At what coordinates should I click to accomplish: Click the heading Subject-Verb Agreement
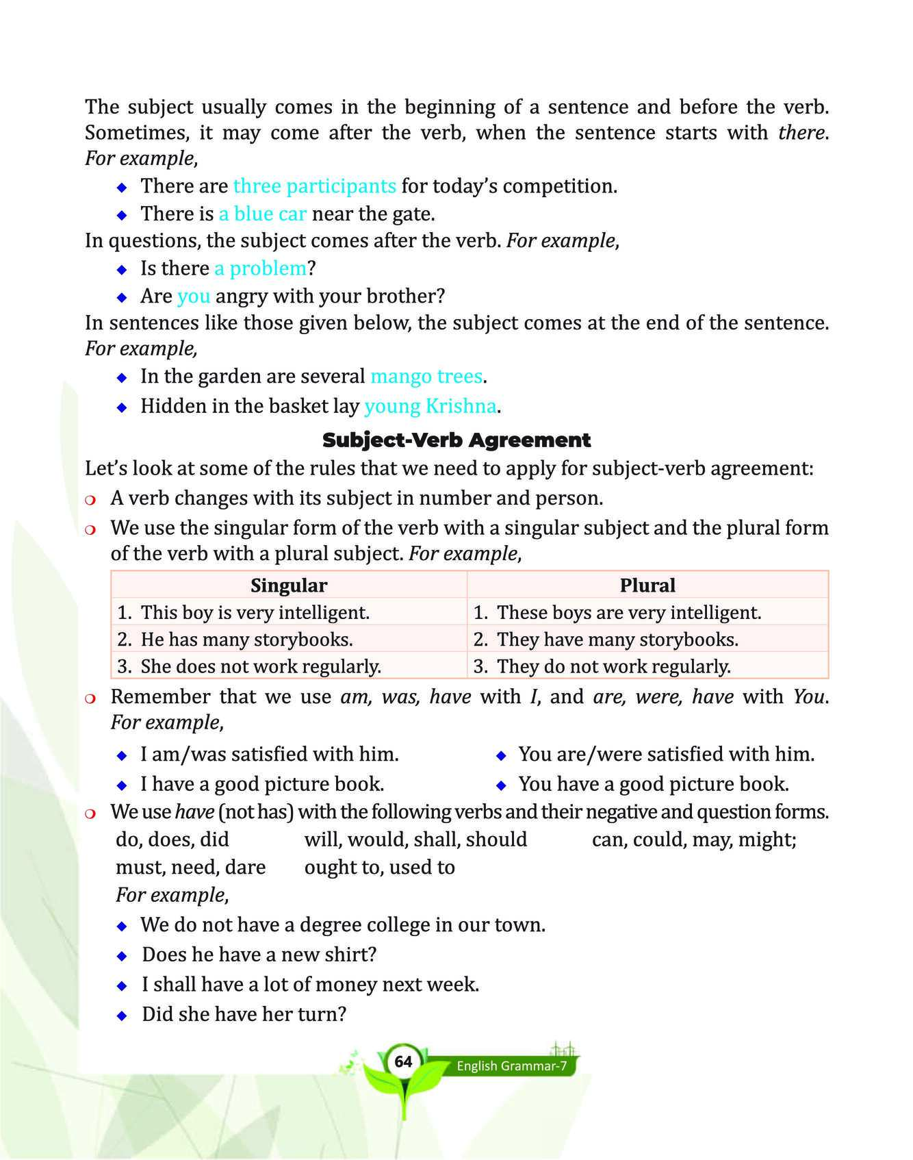[x=456, y=440]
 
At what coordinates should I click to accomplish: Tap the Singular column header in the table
[x=288, y=585]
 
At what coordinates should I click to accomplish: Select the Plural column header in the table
[x=647, y=585]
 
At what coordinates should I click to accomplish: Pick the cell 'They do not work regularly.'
[x=613, y=666]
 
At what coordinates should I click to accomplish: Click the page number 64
[x=404, y=1062]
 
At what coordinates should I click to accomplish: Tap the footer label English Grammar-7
[x=512, y=1066]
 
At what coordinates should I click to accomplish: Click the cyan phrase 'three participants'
[x=314, y=186]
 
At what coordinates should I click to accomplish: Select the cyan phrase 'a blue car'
[x=262, y=214]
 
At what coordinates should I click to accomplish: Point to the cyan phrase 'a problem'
[x=260, y=268]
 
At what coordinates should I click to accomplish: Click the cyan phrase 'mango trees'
[x=426, y=377]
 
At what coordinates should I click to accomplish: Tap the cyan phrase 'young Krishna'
[x=430, y=407]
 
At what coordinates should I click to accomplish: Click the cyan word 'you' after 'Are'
[x=193, y=297]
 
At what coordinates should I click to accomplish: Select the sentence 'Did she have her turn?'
[x=244, y=1014]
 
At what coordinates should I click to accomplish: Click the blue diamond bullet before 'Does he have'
[x=122, y=955]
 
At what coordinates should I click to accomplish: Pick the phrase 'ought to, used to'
[x=379, y=868]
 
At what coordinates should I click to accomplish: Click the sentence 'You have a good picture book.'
[x=654, y=784]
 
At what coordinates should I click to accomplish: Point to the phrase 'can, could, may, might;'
[x=694, y=840]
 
